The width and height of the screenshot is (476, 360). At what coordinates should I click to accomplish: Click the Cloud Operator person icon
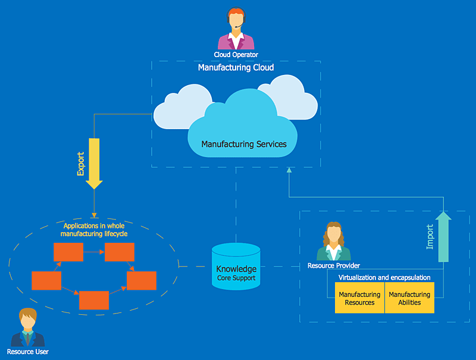236,28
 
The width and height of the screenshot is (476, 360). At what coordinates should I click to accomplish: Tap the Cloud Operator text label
236,55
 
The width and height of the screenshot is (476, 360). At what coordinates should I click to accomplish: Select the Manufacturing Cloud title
236,67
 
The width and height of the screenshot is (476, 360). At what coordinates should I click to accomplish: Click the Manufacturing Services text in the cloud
244,144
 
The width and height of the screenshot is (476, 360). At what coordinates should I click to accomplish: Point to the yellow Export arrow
94,164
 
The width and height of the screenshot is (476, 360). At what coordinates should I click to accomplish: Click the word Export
80,164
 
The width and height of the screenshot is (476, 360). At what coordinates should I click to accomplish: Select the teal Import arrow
443,237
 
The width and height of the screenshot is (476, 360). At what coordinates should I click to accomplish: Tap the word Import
430,237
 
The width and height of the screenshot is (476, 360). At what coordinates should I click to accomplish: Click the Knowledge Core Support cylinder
236,266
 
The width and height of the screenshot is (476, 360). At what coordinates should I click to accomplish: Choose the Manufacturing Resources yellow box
359,298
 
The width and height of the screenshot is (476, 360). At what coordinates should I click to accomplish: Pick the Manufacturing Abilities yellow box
409,298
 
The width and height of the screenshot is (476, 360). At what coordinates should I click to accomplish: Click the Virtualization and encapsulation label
384,277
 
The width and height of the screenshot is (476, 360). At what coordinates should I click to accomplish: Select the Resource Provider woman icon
334,242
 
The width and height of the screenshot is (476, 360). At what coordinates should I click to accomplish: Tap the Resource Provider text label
334,265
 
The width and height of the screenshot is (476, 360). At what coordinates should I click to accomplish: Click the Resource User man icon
28,327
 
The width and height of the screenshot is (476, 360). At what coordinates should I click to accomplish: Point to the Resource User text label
27,352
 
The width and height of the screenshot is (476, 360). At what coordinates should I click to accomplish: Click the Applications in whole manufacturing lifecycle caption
94,230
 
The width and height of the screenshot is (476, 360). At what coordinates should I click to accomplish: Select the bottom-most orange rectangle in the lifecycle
94,300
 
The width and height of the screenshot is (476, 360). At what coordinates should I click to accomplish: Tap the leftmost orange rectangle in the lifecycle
46,280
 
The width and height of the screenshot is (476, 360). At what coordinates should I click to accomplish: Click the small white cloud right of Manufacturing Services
292,97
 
